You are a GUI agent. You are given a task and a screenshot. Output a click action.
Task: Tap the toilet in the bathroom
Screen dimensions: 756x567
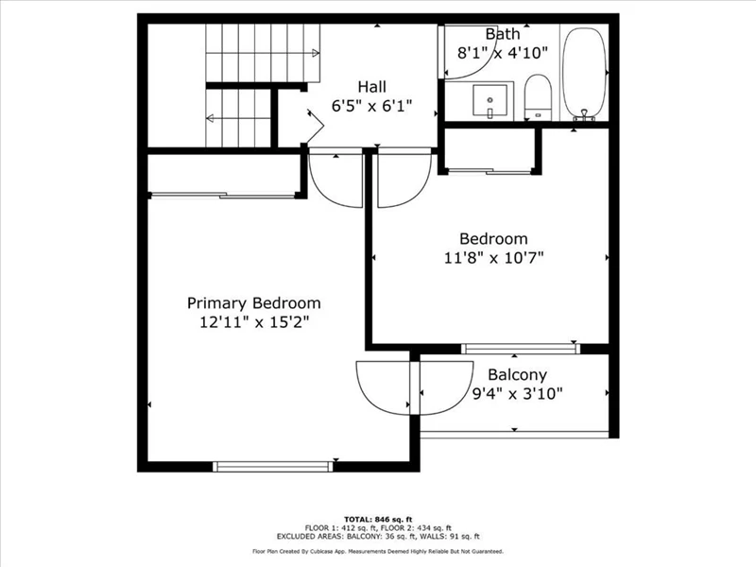tap(537, 96)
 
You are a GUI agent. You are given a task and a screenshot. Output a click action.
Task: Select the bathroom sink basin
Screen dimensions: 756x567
tap(490, 101)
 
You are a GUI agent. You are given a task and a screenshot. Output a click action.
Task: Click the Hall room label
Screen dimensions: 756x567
tap(371, 87)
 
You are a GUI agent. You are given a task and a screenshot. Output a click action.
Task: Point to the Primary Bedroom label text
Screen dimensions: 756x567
tap(253, 303)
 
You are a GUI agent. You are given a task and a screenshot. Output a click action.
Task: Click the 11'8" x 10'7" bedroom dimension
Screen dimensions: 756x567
tap(493, 258)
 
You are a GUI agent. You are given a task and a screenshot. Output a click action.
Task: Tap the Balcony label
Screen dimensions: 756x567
tap(517, 374)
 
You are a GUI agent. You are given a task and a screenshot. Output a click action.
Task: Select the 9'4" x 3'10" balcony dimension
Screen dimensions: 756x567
tap(517, 394)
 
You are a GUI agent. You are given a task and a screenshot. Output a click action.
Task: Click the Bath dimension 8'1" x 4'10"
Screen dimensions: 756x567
tap(503, 53)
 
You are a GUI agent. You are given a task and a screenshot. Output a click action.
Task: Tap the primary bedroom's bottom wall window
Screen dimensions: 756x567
tap(273, 466)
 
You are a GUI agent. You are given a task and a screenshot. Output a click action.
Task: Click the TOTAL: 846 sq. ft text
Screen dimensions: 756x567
tap(378, 519)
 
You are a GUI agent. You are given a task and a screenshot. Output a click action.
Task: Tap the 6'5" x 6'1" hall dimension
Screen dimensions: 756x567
tap(371, 106)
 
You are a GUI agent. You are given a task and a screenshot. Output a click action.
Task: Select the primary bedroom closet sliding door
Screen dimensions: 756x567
tap(223, 196)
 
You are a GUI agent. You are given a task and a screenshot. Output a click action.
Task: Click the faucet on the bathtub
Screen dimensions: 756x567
tap(585, 114)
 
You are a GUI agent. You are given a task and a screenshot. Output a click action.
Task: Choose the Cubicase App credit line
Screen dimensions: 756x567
tap(378, 551)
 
